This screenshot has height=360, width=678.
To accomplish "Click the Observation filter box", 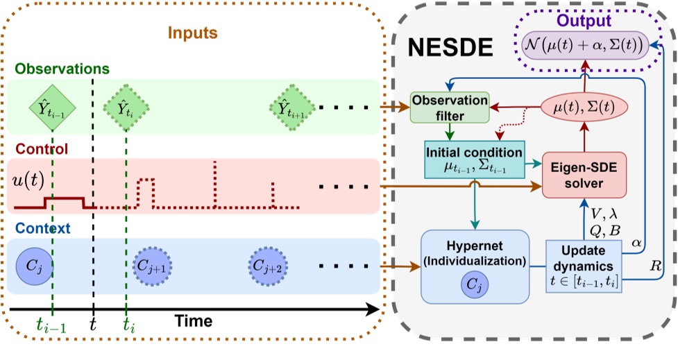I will coord(450,108).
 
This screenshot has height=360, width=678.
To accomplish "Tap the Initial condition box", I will coord(474,160).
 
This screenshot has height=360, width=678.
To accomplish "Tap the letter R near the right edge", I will coord(655,264).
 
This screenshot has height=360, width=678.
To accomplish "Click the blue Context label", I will coord(40,228).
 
